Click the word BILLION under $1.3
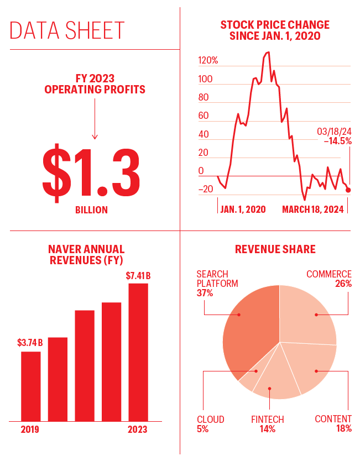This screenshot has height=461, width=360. pyautogui.click(x=91, y=210)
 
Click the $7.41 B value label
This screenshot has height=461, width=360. pyautogui.click(x=138, y=275)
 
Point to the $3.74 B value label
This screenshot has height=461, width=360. pyautogui.click(x=30, y=343)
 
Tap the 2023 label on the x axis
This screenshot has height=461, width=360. pyautogui.click(x=138, y=429)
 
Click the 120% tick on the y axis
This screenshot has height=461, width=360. pyautogui.click(x=208, y=60)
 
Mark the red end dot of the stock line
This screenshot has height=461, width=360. pyautogui.click(x=348, y=190)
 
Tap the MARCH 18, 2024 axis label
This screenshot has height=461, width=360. pyautogui.click(x=313, y=209)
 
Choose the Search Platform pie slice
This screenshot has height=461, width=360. pyautogui.click(x=249, y=332)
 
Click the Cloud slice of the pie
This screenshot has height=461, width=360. pyautogui.click(x=247, y=380)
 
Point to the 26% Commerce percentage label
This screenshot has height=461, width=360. pyautogui.click(x=343, y=284)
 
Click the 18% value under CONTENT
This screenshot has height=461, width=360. pyautogui.click(x=343, y=429)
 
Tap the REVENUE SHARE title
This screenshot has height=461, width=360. pyautogui.click(x=275, y=249)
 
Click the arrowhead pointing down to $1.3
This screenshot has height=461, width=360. pyautogui.click(x=95, y=137)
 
